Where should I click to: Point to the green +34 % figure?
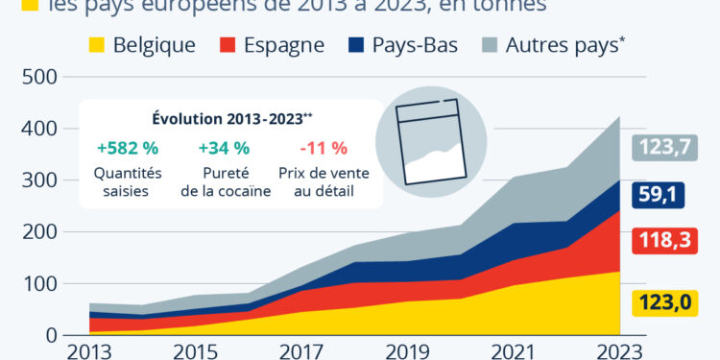click(x=224, y=148)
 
